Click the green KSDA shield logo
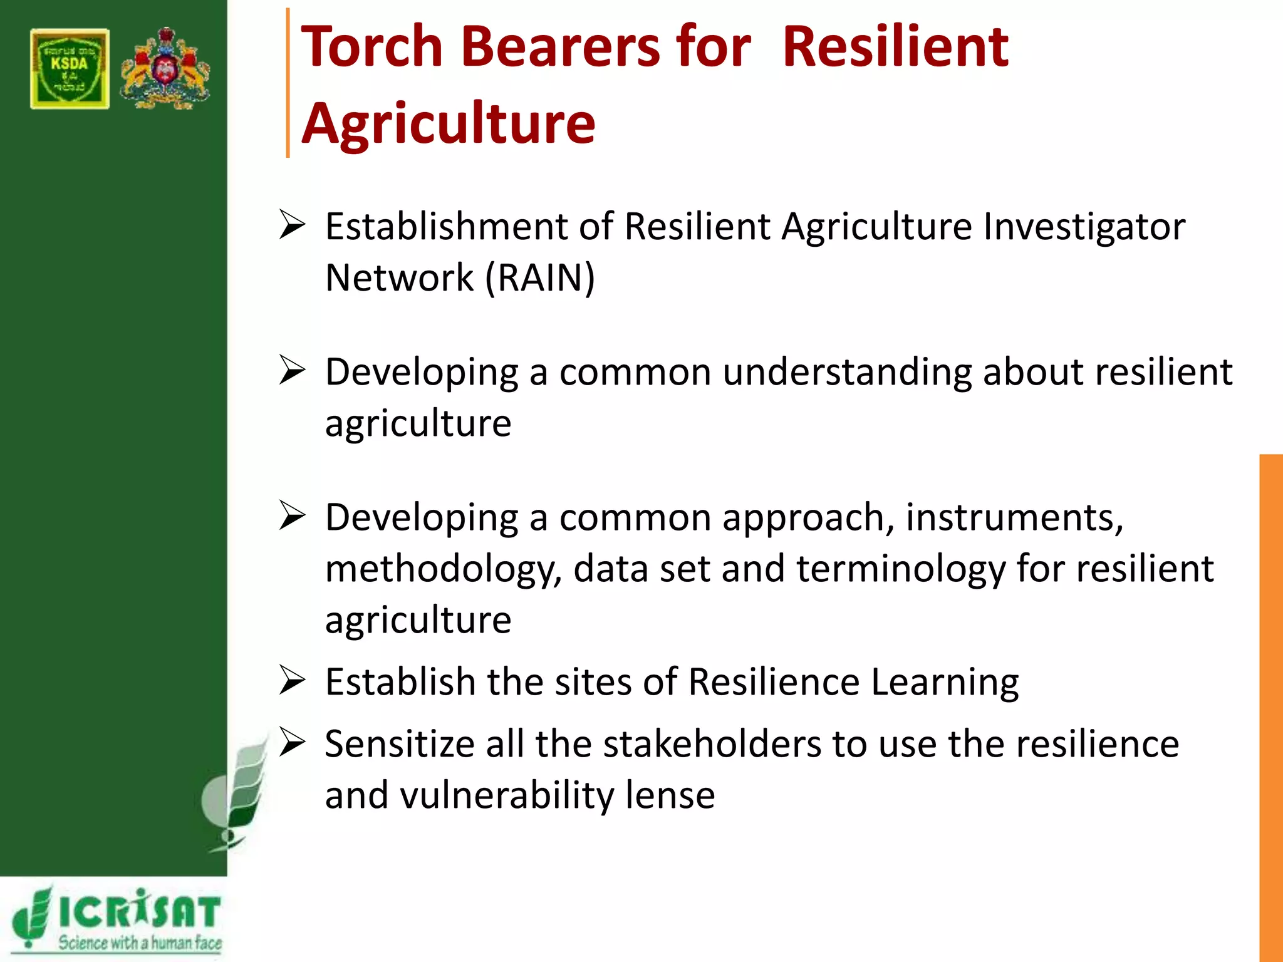click(x=70, y=69)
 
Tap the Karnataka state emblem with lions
click(x=165, y=69)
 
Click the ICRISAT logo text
click(x=139, y=912)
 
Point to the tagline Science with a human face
click(x=140, y=942)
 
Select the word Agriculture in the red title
click(x=448, y=123)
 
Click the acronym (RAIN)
click(x=540, y=277)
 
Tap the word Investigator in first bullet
click(x=1084, y=226)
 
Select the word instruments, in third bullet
click(x=1014, y=518)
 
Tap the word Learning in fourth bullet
click(x=945, y=681)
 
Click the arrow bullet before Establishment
click(x=292, y=225)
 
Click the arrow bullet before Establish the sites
click(x=292, y=681)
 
